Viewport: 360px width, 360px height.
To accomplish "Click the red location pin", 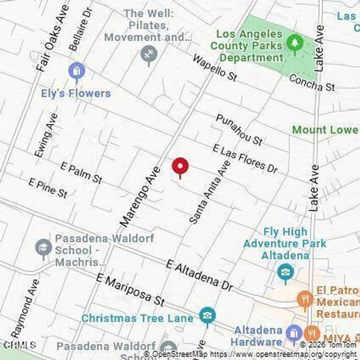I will coord(180,166).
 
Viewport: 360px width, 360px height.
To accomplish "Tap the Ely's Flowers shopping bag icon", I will coord(76,71).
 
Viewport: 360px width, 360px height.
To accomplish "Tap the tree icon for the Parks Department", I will coord(295,44).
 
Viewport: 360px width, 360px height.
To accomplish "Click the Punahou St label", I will coord(239,129).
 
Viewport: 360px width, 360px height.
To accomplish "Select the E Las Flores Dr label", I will coord(245,158).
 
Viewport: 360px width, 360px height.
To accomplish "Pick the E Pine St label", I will coord(48,187).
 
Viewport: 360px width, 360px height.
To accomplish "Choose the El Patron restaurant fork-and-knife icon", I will coord(305,298).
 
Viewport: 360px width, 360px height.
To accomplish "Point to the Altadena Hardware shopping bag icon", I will coord(294,333).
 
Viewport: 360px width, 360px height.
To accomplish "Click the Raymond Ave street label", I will coord(26,309).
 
